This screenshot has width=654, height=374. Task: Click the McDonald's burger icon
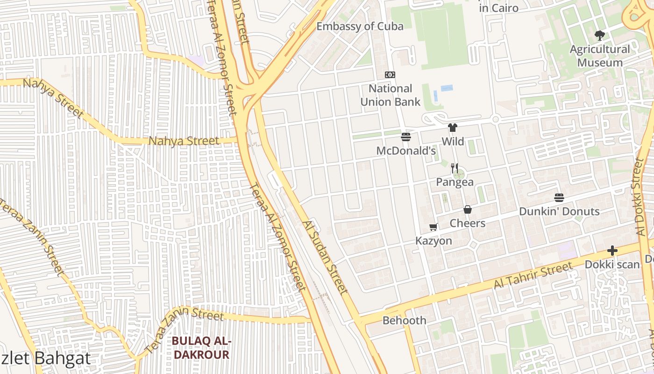click(x=405, y=137)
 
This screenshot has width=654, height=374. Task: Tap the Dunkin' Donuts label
click(x=559, y=211)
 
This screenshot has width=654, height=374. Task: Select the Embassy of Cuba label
click(x=360, y=26)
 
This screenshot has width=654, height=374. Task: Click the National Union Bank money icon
click(x=390, y=75)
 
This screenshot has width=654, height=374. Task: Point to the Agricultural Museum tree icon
click(x=600, y=35)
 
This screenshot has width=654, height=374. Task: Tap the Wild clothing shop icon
click(x=452, y=127)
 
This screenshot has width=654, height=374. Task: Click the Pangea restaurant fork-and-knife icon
click(x=455, y=168)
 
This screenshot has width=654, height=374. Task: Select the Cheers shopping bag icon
click(x=468, y=209)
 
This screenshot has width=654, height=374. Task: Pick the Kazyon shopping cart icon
click(x=434, y=227)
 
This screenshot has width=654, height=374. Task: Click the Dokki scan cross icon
click(x=612, y=251)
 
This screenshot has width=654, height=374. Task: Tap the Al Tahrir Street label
click(x=533, y=276)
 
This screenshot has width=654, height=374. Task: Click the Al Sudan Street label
click(x=325, y=258)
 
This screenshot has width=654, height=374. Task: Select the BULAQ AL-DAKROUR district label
click(x=201, y=348)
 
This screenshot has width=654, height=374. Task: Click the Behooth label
click(x=404, y=320)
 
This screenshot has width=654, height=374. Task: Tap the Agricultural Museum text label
click(x=600, y=56)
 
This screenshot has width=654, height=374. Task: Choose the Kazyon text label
click(x=434, y=241)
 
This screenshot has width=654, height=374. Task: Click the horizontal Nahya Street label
click(x=183, y=141)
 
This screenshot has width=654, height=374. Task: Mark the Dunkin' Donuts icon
click(x=559, y=198)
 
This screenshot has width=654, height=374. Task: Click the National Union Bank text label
click(x=390, y=95)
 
